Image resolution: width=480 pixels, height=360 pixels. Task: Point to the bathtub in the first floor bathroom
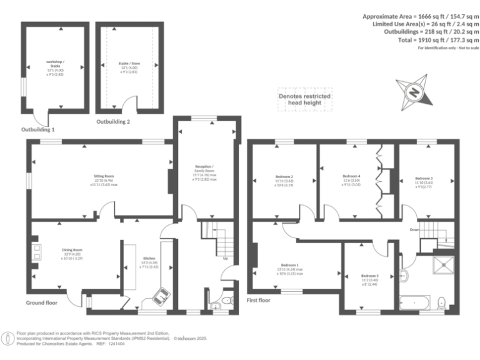[414, 303]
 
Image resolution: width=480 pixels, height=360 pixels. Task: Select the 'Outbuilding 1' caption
[38, 130]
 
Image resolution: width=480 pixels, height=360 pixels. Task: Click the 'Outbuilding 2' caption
[113, 122]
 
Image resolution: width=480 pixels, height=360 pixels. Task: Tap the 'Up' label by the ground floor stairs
[225, 257]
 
